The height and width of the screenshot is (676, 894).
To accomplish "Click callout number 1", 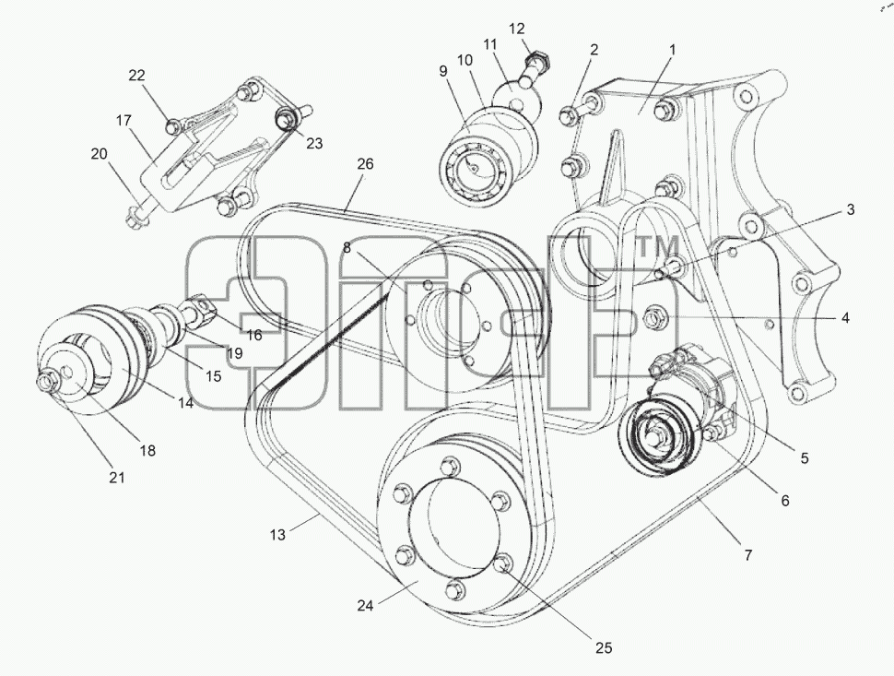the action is pyautogui.click(x=673, y=50).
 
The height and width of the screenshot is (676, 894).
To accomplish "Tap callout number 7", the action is pyautogui.click(x=748, y=554).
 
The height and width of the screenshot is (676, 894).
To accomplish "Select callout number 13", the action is pyautogui.click(x=277, y=535).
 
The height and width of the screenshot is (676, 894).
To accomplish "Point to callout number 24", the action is pyautogui.click(x=365, y=605).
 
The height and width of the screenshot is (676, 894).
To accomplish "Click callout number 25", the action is pyautogui.click(x=604, y=647).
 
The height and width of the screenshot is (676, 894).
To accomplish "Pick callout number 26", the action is pyautogui.click(x=365, y=164).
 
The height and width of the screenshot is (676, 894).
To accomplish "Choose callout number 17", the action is pyautogui.click(x=124, y=121).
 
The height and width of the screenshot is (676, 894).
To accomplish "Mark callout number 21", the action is pyautogui.click(x=116, y=477).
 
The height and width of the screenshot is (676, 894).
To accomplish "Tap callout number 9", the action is pyautogui.click(x=443, y=71).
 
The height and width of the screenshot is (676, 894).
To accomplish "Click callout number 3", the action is pyautogui.click(x=850, y=209).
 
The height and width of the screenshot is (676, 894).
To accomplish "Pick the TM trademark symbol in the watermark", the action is pyautogui.click(x=657, y=247).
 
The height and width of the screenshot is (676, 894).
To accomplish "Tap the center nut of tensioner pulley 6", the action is pyautogui.click(x=660, y=436).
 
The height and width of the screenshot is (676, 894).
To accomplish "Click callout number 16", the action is pyautogui.click(x=254, y=335).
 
